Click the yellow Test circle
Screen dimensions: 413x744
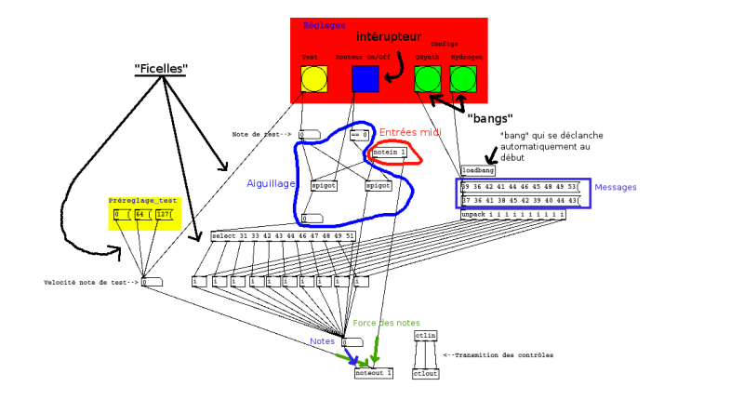[x=314, y=79]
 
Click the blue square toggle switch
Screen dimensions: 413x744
[x=365, y=79]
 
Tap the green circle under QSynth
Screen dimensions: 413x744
[x=428, y=79]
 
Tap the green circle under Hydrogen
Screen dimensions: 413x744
[x=463, y=79]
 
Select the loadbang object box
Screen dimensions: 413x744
[x=478, y=170]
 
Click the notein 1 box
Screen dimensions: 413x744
[x=390, y=152]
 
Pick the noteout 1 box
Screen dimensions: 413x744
[x=374, y=373]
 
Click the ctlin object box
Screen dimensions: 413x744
[x=425, y=336]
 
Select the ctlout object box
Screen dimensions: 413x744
[x=425, y=373]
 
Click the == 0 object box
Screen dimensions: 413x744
[x=359, y=136]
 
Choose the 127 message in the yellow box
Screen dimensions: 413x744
[x=164, y=215]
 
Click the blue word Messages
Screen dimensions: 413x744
[x=616, y=188]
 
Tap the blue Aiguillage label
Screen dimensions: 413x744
[x=271, y=184]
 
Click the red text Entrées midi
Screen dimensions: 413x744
[x=409, y=133]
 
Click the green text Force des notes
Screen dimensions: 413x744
[x=386, y=323]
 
